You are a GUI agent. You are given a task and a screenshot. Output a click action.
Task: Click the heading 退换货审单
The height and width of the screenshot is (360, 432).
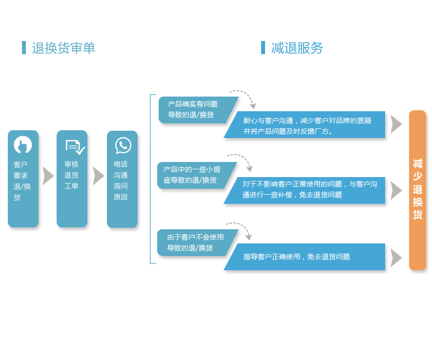point(63,48)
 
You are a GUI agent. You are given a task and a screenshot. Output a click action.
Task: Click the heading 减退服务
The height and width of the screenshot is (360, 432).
point(297,48)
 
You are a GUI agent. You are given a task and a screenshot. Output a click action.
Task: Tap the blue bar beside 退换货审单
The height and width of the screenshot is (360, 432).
point(24,48)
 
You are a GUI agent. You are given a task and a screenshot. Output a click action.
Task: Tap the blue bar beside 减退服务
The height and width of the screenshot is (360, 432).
point(263,48)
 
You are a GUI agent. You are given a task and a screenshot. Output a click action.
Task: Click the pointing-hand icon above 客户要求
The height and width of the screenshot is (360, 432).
point(23,145)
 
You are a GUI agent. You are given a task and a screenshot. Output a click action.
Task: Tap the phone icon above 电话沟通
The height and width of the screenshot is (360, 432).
point(123,145)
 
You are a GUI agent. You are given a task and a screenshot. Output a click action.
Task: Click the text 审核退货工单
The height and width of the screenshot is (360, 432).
point(71,175)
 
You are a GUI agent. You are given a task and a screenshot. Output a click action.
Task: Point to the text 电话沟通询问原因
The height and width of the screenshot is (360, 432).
point(121,180)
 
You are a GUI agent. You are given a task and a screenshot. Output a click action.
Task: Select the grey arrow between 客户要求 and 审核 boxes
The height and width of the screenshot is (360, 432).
point(47,176)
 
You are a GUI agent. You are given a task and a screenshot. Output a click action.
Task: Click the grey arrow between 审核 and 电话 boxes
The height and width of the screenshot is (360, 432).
point(98,176)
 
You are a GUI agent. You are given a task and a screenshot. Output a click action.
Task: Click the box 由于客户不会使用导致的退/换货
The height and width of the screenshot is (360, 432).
point(195,242)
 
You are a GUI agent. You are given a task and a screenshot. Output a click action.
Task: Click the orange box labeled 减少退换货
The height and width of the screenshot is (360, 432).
point(417,190)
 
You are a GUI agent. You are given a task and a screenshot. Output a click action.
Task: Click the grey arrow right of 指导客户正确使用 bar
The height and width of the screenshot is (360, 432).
point(396,258)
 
